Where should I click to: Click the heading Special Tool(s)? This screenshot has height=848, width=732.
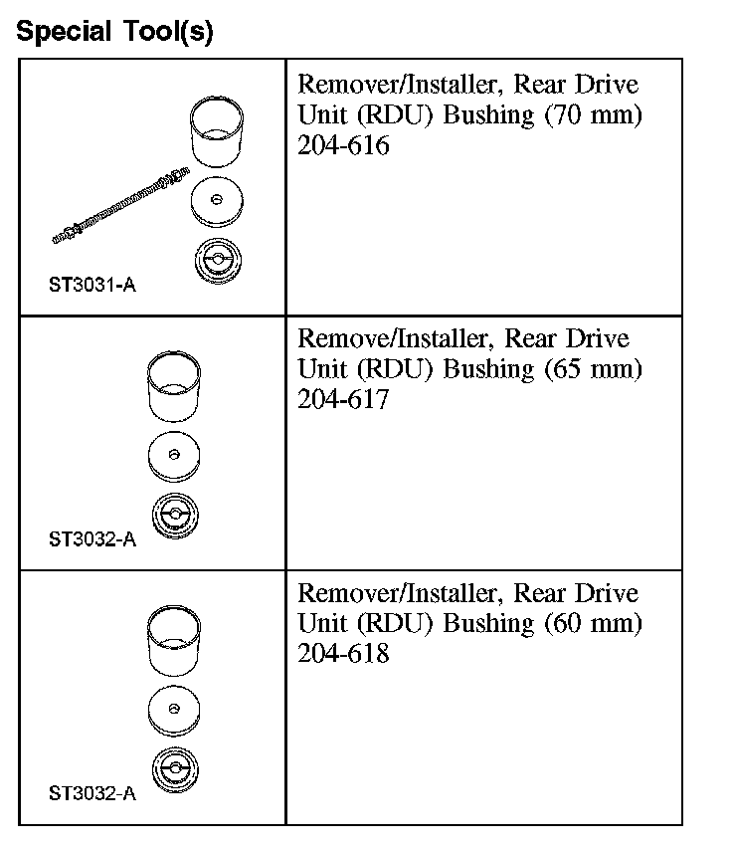point(114,32)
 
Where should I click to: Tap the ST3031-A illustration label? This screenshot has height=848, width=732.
point(91,286)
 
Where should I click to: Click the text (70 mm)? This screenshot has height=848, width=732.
point(594,115)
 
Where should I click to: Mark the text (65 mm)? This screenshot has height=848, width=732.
point(594,369)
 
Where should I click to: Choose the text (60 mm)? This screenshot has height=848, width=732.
point(594,624)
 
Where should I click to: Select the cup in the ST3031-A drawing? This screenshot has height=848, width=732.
point(217,132)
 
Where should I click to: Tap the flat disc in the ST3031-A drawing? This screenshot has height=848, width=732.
point(218,202)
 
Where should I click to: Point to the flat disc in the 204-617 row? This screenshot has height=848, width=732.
point(174,456)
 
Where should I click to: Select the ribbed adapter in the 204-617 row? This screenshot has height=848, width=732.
point(174,516)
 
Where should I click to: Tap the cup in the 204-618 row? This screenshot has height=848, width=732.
point(175,642)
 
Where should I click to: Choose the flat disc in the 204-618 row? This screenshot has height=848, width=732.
point(174,710)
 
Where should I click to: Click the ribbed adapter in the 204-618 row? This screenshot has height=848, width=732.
point(174,770)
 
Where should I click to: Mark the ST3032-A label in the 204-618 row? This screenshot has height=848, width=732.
point(91,794)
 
